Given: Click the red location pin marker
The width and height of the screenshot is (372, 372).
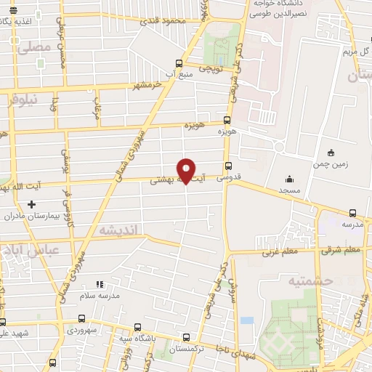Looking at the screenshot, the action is tap(187, 170).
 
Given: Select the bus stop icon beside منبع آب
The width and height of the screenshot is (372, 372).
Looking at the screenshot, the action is tap(179, 63).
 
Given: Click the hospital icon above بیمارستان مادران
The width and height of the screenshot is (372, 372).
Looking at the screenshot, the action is tap(30, 204).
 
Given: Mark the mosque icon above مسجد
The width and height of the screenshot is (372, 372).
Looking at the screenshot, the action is tap(290, 179).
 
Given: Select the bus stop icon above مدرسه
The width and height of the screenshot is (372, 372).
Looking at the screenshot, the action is tap(352, 213).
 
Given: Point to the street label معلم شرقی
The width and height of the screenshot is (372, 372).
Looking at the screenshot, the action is tap(342, 251).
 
